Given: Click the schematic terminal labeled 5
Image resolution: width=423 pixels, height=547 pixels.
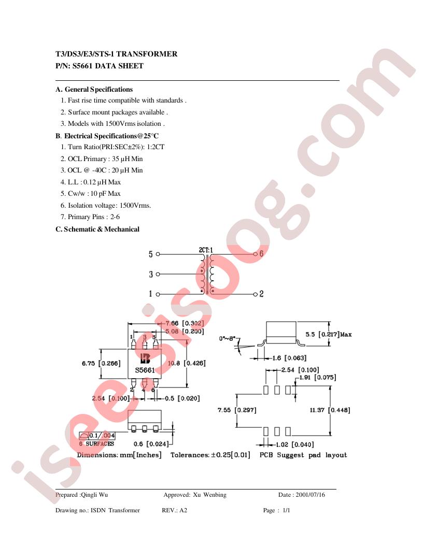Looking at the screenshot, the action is tap(158, 254).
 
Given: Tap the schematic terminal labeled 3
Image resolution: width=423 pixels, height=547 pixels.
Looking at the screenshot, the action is tap(158, 274).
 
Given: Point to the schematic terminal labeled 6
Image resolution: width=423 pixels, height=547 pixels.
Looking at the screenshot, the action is tap(256, 254).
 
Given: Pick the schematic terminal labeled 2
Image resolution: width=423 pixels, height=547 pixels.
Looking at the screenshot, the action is tap(256, 294).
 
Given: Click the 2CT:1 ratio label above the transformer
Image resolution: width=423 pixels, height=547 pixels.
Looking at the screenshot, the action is tap(206, 250).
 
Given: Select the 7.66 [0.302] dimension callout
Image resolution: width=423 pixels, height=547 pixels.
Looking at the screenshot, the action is tap(185, 323).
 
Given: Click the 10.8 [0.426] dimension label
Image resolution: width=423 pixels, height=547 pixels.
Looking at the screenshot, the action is tap(187, 363).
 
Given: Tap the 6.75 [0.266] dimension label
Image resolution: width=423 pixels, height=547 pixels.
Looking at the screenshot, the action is tap(101, 363).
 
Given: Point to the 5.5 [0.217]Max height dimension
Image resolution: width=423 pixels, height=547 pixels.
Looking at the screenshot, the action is tap(329, 334).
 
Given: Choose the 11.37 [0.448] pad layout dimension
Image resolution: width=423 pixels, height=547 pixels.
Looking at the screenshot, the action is tap(330, 410).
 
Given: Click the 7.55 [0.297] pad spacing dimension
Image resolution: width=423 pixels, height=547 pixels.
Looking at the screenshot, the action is tap(237, 410).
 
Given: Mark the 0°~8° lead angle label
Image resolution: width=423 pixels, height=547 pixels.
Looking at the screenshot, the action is tap(227, 338).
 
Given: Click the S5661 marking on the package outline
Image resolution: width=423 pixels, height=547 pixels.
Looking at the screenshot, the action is tap(145, 370).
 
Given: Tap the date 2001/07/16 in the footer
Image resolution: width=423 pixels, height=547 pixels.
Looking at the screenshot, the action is tap(311, 495).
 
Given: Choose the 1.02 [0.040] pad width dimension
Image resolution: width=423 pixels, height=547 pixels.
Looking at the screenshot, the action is tap(295, 444).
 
